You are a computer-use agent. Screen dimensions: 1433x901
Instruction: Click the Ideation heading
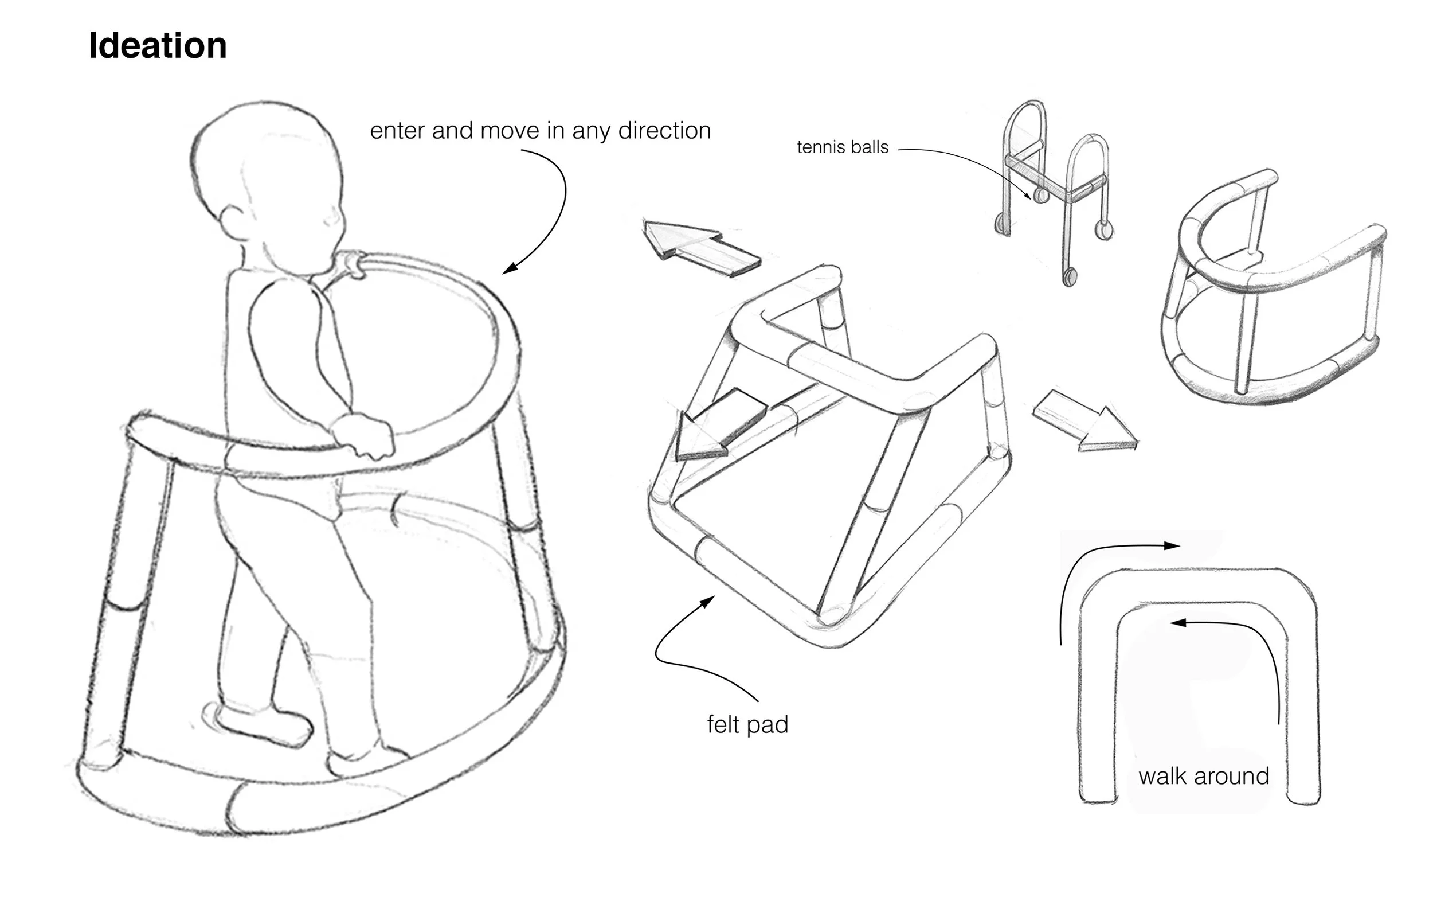[x=158, y=46]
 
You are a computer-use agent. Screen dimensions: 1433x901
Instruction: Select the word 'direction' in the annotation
[x=664, y=131]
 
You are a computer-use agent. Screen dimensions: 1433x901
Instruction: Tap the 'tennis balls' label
[x=842, y=147]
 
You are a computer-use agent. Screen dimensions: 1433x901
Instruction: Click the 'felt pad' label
[x=747, y=725]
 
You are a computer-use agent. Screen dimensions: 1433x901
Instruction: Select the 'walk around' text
[x=1203, y=776]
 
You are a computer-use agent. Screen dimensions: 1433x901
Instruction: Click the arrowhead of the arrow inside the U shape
[x=1175, y=623]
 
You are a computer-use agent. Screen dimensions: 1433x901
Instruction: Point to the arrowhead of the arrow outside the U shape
[x=1173, y=545]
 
